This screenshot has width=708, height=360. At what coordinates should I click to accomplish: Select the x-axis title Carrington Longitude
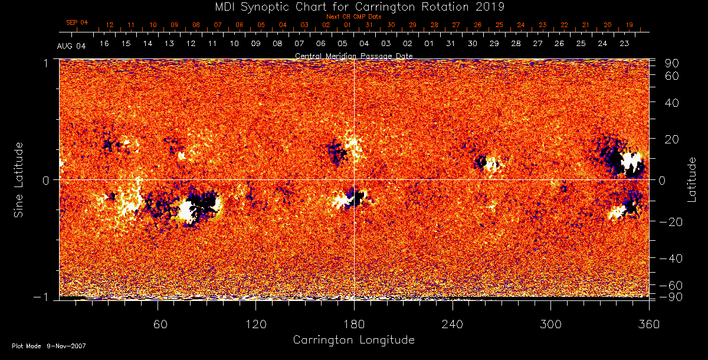coord(353,340)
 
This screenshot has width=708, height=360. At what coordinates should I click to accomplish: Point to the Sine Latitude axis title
coord(19,179)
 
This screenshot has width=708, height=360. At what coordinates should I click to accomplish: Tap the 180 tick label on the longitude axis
coord(354,324)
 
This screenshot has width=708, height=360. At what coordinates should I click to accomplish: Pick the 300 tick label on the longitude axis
coord(550,324)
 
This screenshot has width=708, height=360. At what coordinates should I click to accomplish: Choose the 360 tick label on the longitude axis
coord(648,324)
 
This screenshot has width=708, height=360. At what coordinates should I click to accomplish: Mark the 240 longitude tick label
coord(452,324)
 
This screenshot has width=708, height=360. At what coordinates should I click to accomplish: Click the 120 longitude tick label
coord(255,324)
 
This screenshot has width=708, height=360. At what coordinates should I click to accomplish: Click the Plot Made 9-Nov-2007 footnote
coord(49,346)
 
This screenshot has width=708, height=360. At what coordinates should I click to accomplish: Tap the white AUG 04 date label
coord(71,46)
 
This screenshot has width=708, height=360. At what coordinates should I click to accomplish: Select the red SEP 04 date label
coord(77,22)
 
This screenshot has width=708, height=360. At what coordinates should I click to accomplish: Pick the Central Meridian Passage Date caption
coord(353,56)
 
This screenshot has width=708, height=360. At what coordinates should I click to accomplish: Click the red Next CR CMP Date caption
coord(353,17)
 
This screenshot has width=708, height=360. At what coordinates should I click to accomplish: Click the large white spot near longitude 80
coord(189,211)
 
